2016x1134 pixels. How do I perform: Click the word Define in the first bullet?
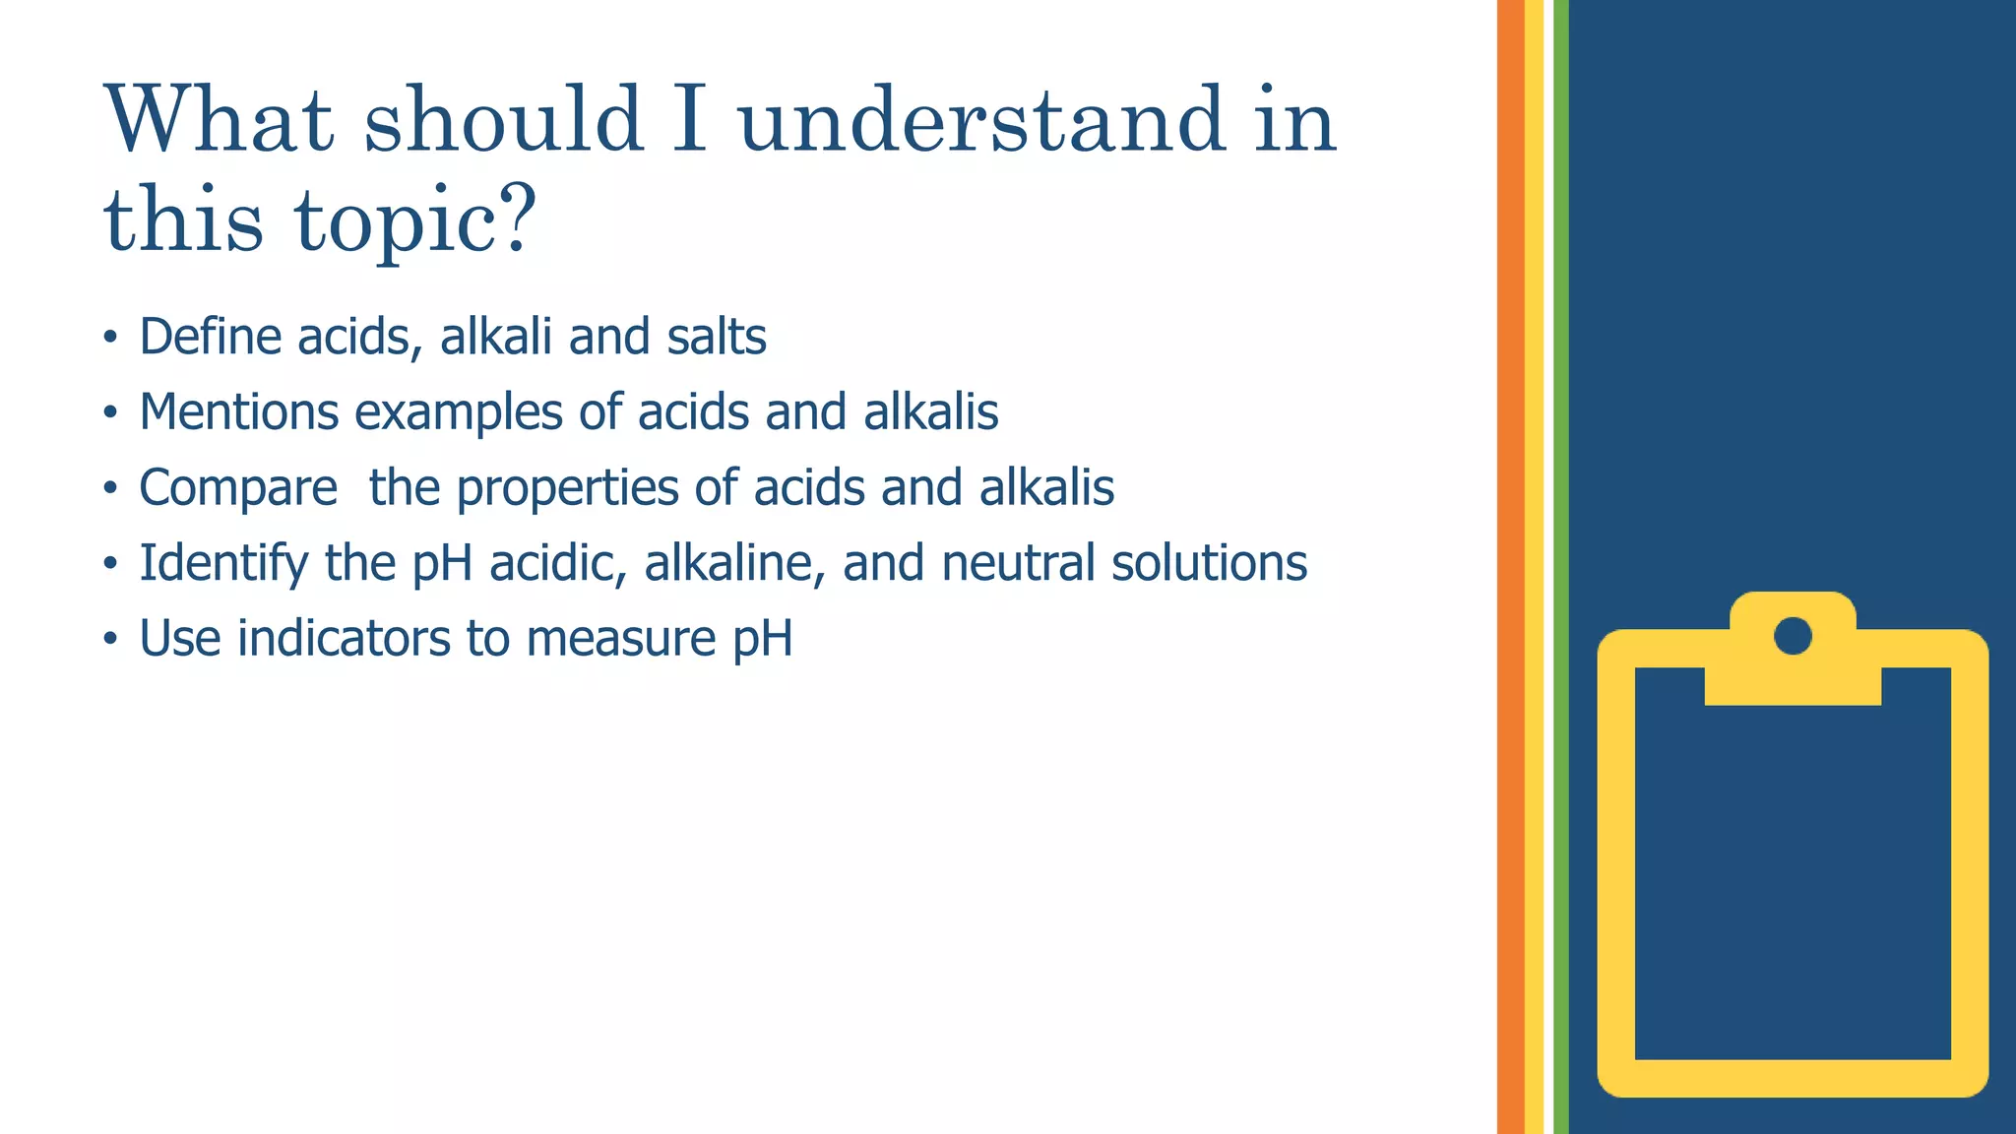pyautogui.click(x=211, y=337)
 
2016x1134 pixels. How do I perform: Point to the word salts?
pyautogui.click(x=716, y=337)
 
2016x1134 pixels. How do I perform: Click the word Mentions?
pyautogui.click(x=237, y=411)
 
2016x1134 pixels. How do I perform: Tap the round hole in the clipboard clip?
pyautogui.click(x=1793, y=636)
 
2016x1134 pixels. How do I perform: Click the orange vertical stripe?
pyautogui.click(x=1510, y=567)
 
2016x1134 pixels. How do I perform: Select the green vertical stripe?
pyautogui.click(x=1560, y=567)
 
